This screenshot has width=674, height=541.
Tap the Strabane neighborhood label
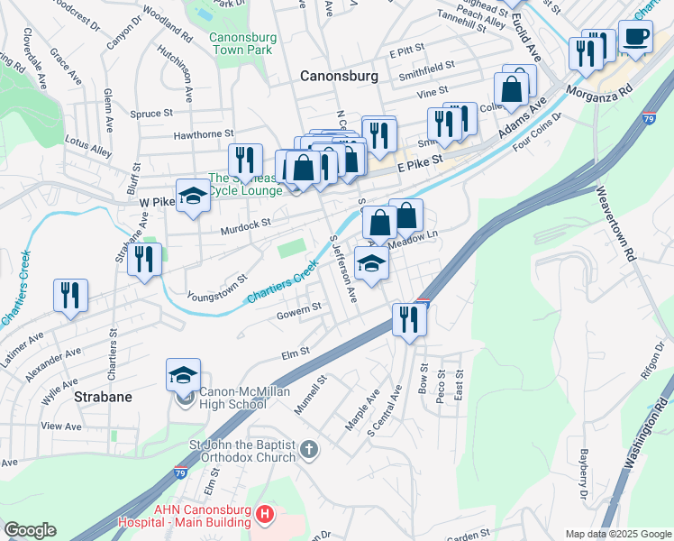(x=104, y=397)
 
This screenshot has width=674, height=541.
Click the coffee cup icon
(x=636, y=39)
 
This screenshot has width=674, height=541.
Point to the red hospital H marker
(x=264, y=516)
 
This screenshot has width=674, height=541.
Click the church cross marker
(x=308, y=449)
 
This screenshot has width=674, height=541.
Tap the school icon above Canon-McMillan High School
(x=184, y=374)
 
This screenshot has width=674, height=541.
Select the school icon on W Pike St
(x=193, y=196)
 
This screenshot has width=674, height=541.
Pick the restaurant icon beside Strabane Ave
(x=144, y=259)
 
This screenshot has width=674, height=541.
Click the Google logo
(x=30, y=531)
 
